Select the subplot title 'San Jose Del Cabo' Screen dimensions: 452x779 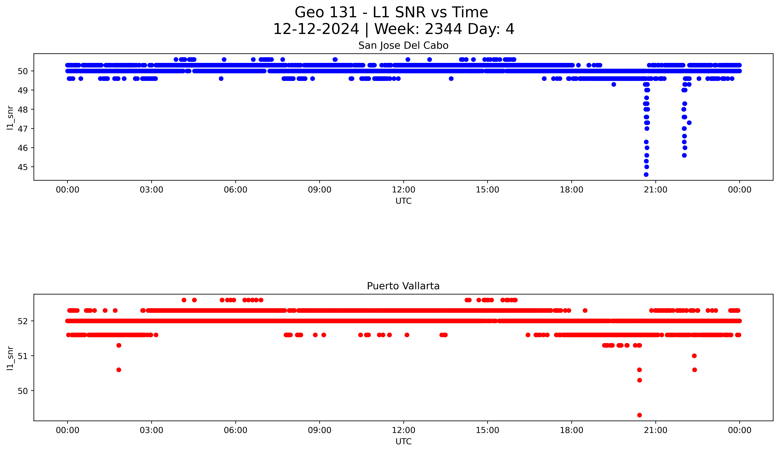(x=403, y=46)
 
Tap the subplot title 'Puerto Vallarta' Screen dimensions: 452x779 (x=403, y=286)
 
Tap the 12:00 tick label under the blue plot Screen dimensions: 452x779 (x=403, y=190)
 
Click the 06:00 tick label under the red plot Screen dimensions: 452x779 (x=236, y=430)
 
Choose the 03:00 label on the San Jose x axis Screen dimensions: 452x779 (x=151, y=190)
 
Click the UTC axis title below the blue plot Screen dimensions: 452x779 (x=403, y=201)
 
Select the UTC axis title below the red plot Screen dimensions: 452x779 (x=403, y=442)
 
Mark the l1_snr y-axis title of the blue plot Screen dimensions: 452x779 (x=10, y=118)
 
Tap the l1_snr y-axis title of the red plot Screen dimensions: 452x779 (x=10, y=358)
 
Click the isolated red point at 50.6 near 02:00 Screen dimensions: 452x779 (x=119, y=370)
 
